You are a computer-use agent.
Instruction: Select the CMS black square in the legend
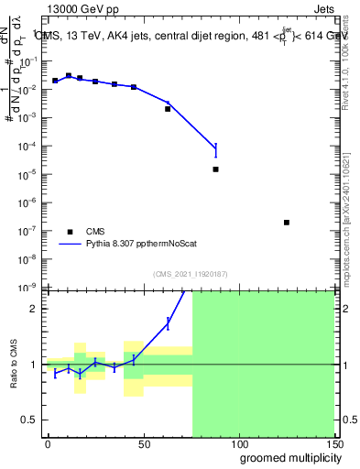tap(69, 232)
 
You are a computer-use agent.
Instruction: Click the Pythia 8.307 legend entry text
tap(139, 245)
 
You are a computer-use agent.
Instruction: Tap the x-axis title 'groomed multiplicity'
tap(285, 457)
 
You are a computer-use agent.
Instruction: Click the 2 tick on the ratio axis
tap(34, 309)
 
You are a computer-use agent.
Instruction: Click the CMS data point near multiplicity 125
tap(287, 223)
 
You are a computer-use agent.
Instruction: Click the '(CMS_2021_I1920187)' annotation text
tap(191, 274)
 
